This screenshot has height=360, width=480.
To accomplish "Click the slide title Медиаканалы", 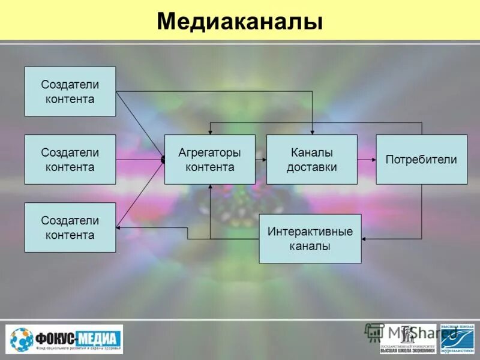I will click(240, 22).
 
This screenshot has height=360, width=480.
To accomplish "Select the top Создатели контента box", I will click(70, 91).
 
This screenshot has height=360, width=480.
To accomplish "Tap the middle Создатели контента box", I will click(70, 159).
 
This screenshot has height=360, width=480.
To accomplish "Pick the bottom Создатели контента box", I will click(70, 227).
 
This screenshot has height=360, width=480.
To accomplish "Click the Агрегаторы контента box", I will click(209, 159).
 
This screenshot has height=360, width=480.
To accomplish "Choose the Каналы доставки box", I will click(311, 159).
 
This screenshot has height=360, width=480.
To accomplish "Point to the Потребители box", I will click(421, 159).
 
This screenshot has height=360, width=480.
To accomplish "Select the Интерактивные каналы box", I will click(310, 238).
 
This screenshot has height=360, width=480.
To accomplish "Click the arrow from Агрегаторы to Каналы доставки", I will click(260, 160).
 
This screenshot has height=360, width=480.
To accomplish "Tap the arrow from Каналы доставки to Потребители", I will click(367, 160).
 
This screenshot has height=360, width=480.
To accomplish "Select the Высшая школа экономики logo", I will click(407, 339).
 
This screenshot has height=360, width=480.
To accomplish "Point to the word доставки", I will click(311, 167).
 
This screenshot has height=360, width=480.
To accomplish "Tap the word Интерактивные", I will click(310, 231).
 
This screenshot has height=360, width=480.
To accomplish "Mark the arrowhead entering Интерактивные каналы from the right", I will click(365, 239).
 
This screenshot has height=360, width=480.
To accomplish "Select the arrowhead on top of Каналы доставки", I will click(312, 132).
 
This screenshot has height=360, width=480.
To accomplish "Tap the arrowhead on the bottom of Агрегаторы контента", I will click(210, 187).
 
